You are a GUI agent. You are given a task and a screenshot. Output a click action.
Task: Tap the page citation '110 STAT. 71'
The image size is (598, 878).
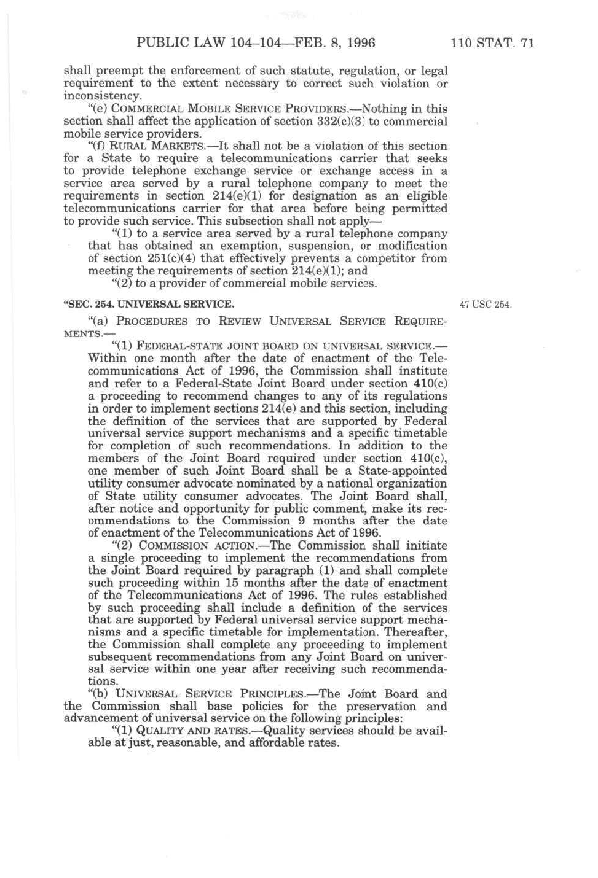click(x=492, y=42)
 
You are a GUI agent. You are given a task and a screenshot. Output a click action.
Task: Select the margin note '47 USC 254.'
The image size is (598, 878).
click(x=486, y=304)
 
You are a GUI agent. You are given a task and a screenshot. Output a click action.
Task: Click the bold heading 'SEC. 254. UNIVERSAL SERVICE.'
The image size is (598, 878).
click(x=149, y=304)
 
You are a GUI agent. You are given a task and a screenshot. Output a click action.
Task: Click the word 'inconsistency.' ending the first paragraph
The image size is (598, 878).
click(x=102, y=96)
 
